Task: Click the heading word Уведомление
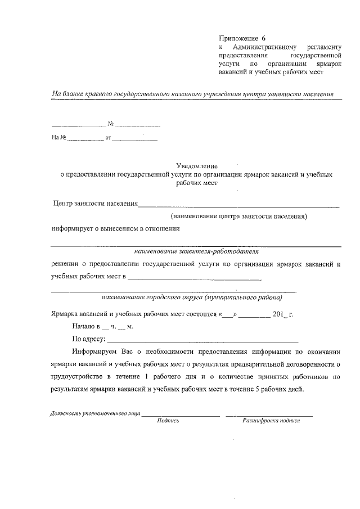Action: pos(196,166)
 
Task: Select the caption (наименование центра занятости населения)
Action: pos(239,215)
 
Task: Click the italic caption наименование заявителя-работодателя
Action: pos(196,251)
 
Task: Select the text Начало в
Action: pos(86,326)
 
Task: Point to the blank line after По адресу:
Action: pos(202,340)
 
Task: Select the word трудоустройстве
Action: pos(78,376)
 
